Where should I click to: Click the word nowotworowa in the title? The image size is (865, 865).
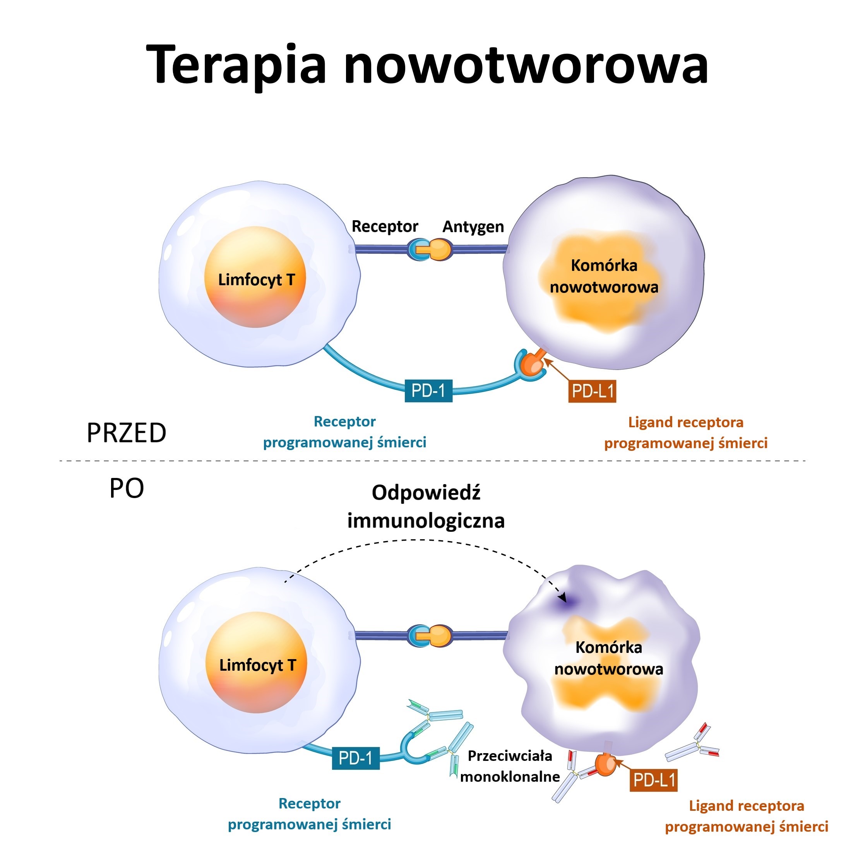526,65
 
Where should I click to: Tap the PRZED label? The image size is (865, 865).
126,433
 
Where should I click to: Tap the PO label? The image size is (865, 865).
127,488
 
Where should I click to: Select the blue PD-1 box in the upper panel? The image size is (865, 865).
428,391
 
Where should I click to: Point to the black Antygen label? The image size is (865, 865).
473,226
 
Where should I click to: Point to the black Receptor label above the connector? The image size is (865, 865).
385,226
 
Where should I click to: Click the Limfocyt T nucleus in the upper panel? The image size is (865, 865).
255,277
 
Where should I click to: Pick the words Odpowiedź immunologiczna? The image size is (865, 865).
426,507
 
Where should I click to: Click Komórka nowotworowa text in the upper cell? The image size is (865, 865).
604,276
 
